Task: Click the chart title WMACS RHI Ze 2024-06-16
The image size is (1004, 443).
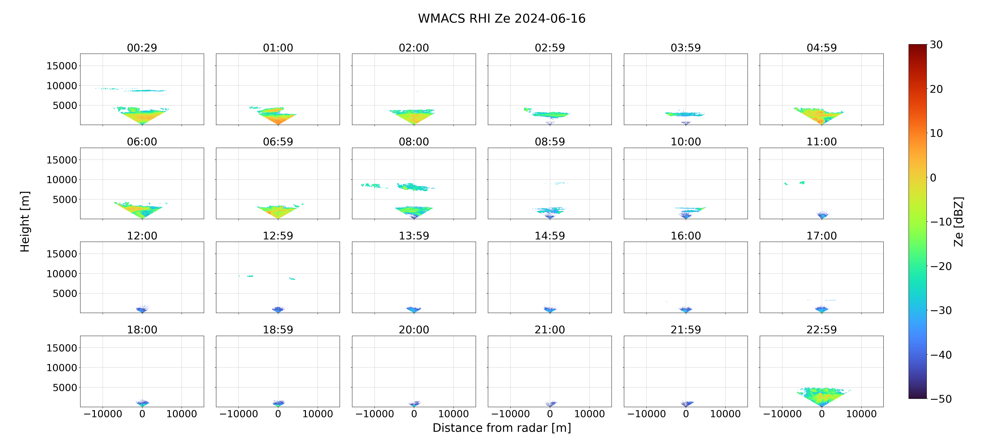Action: pos(502,18)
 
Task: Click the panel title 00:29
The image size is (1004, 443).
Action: pos(142,48)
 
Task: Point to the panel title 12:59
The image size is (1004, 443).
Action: pos(278,235)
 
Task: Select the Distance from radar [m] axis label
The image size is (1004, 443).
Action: pos(502,428)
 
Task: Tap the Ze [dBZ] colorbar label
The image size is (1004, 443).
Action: pos(958,221)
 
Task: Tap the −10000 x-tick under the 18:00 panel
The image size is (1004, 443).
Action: pos(103,414)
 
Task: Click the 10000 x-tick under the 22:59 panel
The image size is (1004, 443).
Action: pos(861,414)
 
